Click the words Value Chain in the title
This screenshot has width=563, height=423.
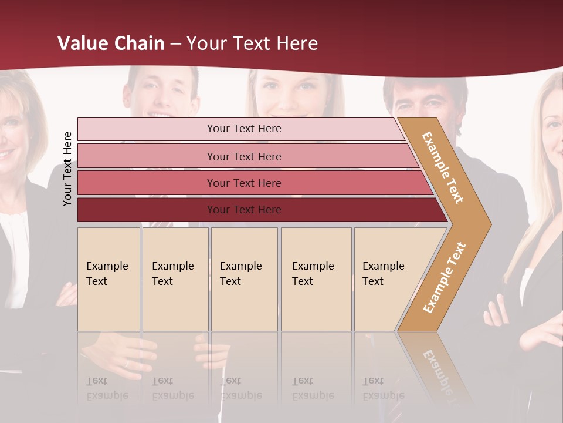point(111,43)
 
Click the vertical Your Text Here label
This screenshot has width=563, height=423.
point(68,169)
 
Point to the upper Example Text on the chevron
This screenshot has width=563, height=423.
point(443,167)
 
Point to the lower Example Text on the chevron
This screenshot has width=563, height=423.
point(445,277)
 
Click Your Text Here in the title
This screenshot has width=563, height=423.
point(252,43)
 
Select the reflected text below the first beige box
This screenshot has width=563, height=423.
point(107,388)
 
